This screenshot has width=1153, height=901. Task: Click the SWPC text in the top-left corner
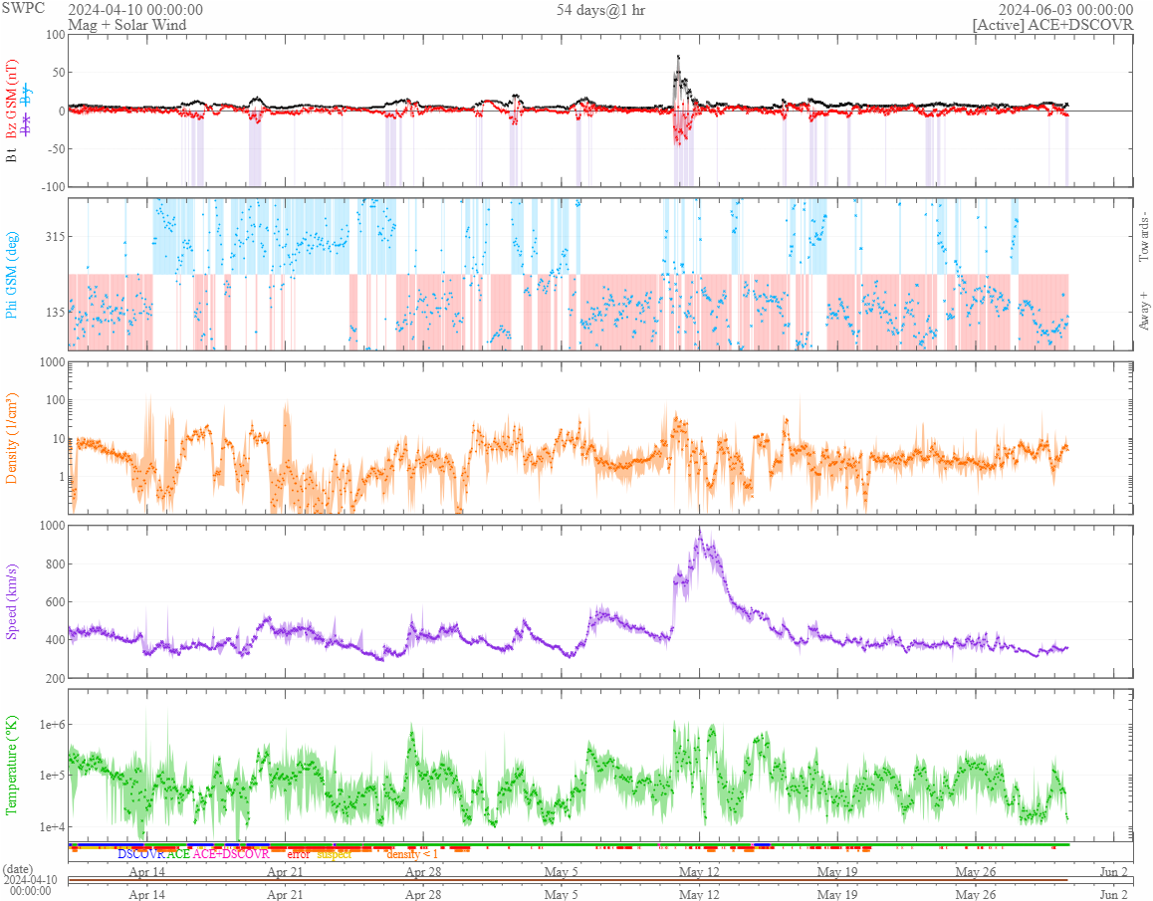[23, 8]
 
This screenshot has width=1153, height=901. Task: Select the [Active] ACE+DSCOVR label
[1052, 25]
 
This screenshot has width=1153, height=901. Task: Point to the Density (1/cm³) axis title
[12, 438]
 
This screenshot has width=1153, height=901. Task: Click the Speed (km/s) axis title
[12, 600]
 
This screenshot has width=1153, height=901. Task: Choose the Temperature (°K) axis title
[12, 765]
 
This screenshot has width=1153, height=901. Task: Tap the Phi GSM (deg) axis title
[12, 273]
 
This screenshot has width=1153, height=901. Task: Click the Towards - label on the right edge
[1142, 237]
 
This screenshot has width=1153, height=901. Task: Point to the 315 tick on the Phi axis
[51, 236]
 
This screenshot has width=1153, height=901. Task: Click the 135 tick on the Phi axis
[51, 312]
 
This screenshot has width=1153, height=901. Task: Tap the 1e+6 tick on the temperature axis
[46, 725]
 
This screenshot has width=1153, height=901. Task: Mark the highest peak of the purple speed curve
[700, 533]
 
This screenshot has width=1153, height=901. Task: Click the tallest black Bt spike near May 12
[678, 57]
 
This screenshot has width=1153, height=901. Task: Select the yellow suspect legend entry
[334, 854]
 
